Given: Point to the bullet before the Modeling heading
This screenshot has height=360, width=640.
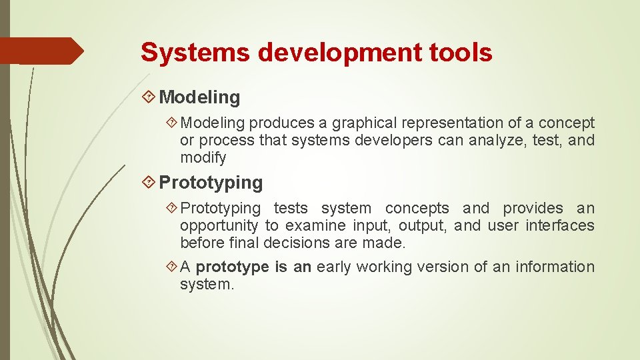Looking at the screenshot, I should [x=149, y=97].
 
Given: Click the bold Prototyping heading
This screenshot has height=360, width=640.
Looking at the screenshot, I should [x=211, y=182].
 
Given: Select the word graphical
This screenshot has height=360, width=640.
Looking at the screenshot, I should [x=363, y=123].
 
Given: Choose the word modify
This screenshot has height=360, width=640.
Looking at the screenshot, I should [x=203, y=158].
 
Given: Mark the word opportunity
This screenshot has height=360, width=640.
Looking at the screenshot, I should [x=219, y=226].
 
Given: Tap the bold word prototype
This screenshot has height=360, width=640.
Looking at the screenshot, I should [x=232, y=267].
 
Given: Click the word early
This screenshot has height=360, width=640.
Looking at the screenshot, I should [x=335, y=267].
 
